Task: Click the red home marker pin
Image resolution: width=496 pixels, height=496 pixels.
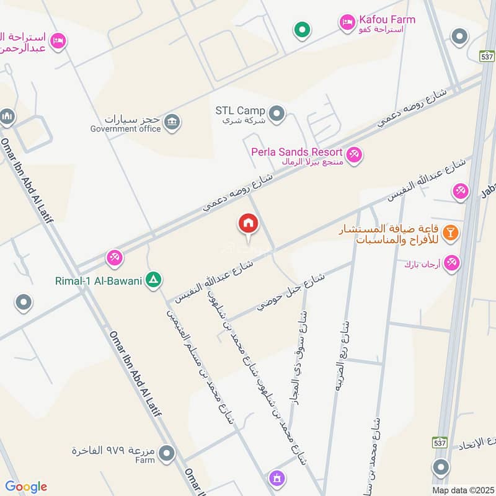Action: point(248,224)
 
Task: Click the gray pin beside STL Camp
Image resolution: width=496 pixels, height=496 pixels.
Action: point(277,113)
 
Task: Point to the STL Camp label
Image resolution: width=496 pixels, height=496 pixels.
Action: point(239,110)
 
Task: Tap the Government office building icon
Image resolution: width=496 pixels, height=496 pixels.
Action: point(173,121)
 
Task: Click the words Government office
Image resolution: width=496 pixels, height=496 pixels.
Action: point(125,129)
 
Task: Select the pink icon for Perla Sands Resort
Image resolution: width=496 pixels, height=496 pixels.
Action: point(354,154)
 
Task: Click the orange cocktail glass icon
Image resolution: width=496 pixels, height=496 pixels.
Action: point(452,233)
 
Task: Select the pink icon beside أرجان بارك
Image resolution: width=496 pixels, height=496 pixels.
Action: point(452,263)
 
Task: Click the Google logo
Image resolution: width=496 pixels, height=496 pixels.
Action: point(25,486)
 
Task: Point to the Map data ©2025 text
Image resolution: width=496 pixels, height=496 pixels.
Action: point(463,490)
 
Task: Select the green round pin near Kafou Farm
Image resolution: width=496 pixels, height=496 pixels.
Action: point(302,29)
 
